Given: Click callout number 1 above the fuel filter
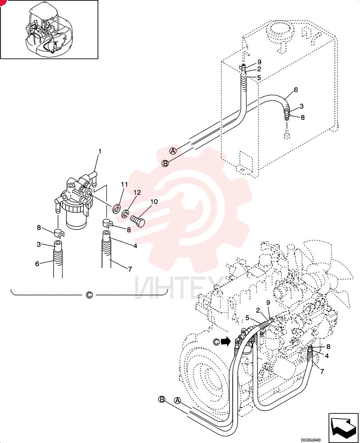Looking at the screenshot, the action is click(100, 152).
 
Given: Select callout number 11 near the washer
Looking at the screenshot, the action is click(125, 184).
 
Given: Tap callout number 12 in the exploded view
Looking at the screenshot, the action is click(137, 192).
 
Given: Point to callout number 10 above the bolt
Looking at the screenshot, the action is click(154, 202).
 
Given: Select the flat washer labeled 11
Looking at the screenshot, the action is click(116, 209).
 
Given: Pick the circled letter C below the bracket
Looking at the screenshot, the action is click(89, 295).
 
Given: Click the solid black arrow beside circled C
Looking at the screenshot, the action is click(225, 342).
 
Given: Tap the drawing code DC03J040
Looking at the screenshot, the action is click(310, 440).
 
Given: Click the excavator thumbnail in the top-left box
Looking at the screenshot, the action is click(50, 29).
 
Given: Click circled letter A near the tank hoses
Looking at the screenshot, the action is click(173, 151).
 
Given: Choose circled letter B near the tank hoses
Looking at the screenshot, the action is click(165, 163).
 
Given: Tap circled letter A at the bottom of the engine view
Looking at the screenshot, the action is click(177, 400).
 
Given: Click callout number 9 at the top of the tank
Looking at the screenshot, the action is click(259, 62).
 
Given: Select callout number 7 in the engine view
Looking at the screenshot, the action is click(322, 371).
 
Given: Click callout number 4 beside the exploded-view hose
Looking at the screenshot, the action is click(135, 246).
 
